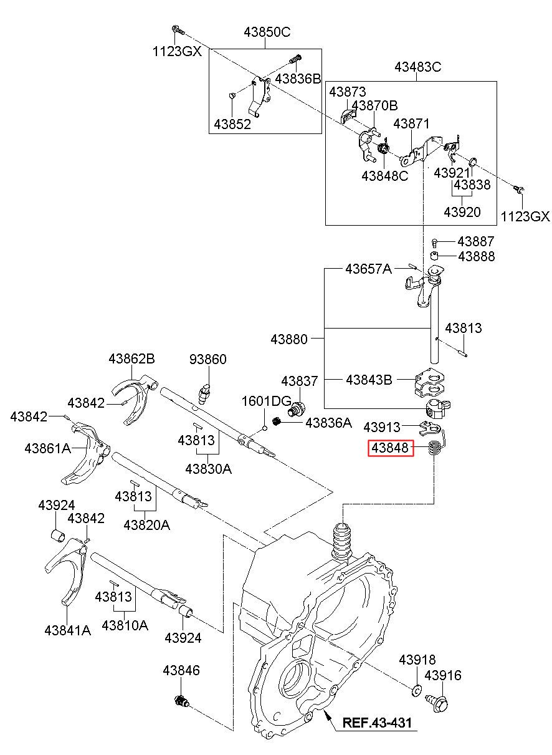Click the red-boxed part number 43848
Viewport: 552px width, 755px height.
click(390, 448)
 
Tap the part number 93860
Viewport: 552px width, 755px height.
click(208, 359)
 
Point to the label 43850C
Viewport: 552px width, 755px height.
click(267, 32)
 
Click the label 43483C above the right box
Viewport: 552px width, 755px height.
click(417, 67)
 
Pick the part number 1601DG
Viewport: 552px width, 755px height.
click(267, 401)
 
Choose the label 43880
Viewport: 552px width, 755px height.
click(289, 339)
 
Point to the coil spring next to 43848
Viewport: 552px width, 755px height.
click(434, 448)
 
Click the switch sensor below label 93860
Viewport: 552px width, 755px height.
click(204, 393)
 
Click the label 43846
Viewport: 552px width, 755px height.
click(181, 670)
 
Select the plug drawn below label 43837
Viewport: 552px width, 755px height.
click(297, 409)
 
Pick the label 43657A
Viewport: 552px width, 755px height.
click(368, 269)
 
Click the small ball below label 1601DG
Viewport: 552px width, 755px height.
click(265, 428)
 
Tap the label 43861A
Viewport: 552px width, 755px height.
click(47, 448)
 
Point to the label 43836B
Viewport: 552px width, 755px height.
click(298, 79)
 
